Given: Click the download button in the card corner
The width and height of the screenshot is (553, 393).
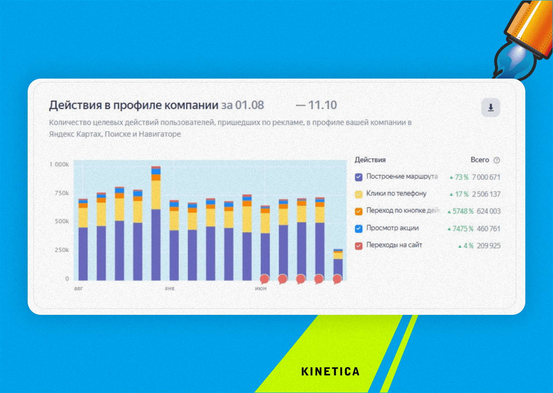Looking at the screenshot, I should pos(491,108).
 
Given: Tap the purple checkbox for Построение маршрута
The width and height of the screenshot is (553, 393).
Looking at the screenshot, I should pos(358,177).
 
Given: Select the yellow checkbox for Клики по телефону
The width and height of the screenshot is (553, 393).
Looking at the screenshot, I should pos(358,194).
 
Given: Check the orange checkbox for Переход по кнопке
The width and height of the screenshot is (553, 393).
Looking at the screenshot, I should pos(358,211).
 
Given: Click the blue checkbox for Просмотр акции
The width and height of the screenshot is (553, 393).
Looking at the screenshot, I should pos(358,228).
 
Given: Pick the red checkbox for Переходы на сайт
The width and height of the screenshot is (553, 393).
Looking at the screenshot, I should pos(358,245).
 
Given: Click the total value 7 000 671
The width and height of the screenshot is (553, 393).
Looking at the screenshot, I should pos(486,177).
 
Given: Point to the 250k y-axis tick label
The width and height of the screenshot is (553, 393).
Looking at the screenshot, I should pos(61,250).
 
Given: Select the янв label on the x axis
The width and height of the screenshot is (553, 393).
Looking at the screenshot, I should pos(170,289).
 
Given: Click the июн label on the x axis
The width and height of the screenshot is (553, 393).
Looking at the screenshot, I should pos(261,289).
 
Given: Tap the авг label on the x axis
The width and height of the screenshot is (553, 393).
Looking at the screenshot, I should pos(78,289).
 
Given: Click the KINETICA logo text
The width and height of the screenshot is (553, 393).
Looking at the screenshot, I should pos(330,371).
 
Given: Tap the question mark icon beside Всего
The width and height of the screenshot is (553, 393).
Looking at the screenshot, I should pos(497,160).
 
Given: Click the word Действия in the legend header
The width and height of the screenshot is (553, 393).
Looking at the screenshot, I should pos(370,160).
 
